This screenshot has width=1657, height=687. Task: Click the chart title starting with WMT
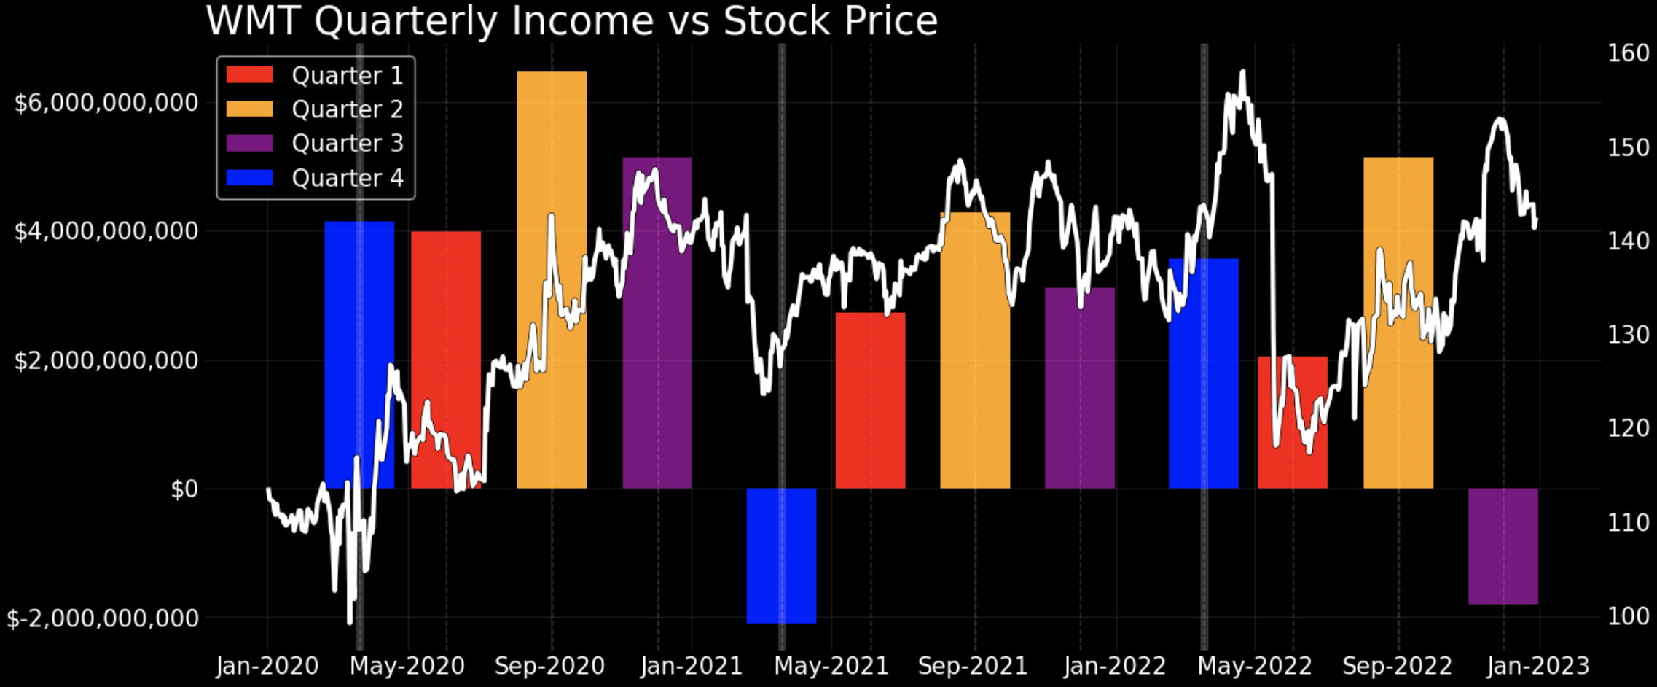tap(571, 20)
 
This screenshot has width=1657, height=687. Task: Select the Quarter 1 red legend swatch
tap(249, 74)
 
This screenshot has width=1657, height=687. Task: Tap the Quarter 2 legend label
tap(347, 109)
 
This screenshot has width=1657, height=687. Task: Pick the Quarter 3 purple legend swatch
tap(249, 143)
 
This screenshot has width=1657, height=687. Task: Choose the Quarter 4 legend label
tap(347, 178)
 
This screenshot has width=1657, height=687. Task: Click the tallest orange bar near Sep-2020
tap(552, 277)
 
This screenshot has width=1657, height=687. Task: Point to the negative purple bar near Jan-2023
tap(1503, 546)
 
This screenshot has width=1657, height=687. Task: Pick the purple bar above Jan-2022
tap(1079, 387)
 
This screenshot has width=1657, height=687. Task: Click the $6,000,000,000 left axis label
tap(106, 103)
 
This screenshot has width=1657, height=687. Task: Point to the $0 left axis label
tap(184, 489)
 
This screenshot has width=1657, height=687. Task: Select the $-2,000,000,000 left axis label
tap(102, 618)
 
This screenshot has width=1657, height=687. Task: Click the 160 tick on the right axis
tap(1628, 53)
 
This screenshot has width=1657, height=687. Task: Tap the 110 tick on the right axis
tap(1628, 523)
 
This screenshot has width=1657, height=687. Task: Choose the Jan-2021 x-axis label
tap(691, 666)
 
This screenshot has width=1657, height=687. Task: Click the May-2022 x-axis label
tap(1255, 666)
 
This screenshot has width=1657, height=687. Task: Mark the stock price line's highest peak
tap(1242, 72)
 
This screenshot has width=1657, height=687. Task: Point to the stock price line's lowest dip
tap(350, 622)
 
